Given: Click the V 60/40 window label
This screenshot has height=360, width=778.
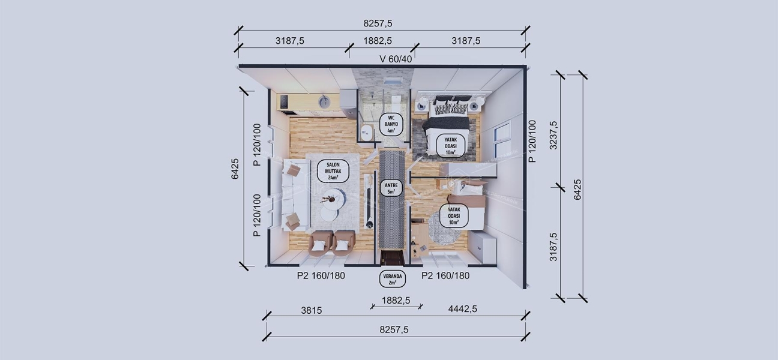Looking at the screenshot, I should click(396, 59).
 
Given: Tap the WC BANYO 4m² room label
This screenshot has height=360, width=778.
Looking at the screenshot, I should click(391, 123).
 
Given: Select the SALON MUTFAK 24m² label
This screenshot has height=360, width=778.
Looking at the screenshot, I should click(333, 171).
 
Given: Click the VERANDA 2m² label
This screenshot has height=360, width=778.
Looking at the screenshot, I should click(393, 278).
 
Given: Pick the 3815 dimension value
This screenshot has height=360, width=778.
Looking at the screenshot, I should click(312, 310).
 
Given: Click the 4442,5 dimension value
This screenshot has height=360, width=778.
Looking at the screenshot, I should click(462, 309).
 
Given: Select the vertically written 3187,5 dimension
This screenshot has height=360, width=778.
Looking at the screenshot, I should click(553, 247).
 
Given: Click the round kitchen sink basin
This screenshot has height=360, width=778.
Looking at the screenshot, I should click(324, 101).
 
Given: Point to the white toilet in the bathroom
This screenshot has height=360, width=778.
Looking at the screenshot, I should click(367, 131).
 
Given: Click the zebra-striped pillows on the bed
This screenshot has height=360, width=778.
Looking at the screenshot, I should click(450, 107).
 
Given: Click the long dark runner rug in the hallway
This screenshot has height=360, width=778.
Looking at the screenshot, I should click(392, 198).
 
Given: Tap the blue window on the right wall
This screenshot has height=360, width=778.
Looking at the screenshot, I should click(502, 140).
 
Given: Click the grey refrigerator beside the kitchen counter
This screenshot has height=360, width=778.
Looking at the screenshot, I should click(348, 104).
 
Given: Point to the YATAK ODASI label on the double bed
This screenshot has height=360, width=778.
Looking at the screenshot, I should click(450, 145).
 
